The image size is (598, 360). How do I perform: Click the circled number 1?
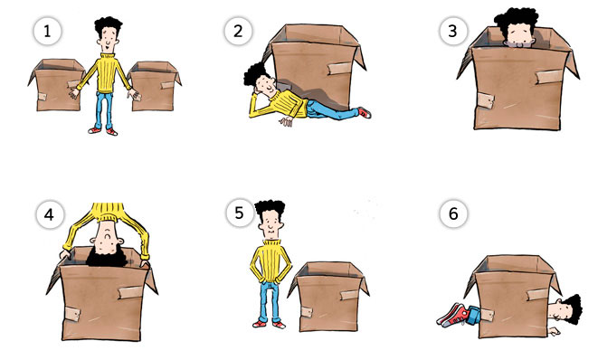[47, 32]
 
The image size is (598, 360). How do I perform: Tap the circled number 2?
[238, 32]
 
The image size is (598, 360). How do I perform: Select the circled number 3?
[452, 32]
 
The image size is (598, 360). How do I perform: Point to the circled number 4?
[50, 214]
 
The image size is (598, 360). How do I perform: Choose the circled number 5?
[239, 213]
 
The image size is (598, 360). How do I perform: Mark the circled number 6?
[453, 213]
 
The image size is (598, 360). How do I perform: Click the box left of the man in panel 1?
[56, 85]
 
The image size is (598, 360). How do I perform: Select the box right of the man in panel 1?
[154, 86]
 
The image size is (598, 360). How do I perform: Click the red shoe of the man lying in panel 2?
[365, 112]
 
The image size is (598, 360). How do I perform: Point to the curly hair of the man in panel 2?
[254, 73]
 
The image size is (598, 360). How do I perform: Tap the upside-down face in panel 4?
[108, 237]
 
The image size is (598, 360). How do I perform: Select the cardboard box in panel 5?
[328, 297]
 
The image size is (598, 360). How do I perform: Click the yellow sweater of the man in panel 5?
[271, 261]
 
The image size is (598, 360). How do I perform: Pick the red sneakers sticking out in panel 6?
[452, 315]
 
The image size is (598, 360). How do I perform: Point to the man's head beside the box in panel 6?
[566, 309]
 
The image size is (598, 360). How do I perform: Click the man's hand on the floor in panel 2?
[286, 121]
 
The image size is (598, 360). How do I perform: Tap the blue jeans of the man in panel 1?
[104, 110]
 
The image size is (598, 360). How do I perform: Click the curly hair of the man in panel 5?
[270, 209]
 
